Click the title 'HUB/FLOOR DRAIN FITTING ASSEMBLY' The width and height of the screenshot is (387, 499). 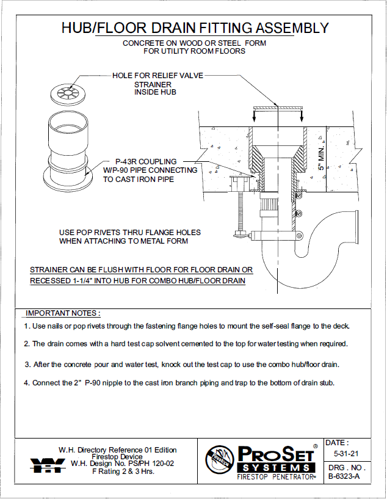(195, 28)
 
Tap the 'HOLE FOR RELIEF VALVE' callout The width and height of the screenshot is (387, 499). (157, 76)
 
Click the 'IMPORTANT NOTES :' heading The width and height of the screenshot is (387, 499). (63, 313)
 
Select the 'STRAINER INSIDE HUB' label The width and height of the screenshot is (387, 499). (155, 88)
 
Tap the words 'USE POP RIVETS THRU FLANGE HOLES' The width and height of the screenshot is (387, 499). (130, 233)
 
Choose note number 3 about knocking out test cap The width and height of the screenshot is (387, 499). (181, 364)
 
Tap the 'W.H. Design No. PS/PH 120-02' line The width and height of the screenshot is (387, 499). (123, 464)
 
